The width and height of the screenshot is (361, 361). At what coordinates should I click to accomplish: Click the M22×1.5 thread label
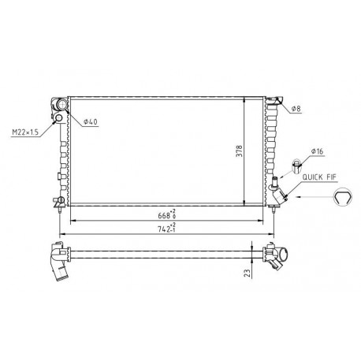tap(25, 132)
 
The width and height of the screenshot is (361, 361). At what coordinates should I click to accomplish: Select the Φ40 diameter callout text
tap(90, 121)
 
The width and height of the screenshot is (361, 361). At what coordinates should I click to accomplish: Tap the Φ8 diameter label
tap(296, 109)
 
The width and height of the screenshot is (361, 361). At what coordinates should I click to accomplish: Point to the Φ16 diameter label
tap(317, 151)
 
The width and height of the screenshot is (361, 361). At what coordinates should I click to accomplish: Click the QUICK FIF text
tap(319, 177)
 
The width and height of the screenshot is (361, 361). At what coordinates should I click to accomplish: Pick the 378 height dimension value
tap(240, 151)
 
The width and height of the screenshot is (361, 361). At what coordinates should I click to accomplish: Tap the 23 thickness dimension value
tap(247, 273)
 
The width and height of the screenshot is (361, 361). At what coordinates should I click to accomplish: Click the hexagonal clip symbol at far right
tap(343, 197)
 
